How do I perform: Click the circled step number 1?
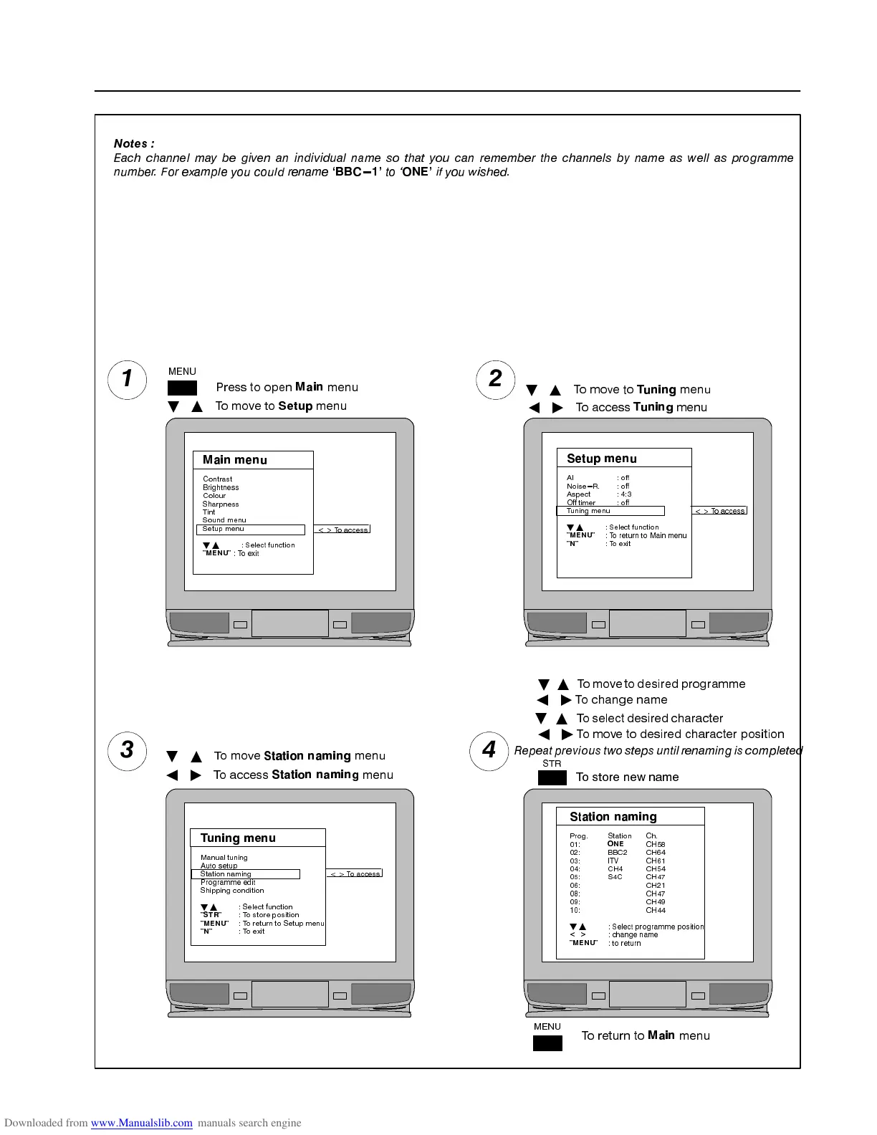click(128, 379)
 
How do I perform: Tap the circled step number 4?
click(489, 751)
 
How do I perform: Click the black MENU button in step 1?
click(182, 388)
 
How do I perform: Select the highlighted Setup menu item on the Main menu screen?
click(250, 530)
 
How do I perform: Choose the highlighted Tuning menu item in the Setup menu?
click(610, 511)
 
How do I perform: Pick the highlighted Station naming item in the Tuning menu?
click(245, 874)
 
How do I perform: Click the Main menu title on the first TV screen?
click(235, 460)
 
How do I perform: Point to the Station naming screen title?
click(613, 817)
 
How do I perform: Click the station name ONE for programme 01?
click(615, 844)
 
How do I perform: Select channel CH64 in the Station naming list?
click(656, 853)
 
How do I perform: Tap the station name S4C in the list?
click(615, 877)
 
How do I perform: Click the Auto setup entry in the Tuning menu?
click(219, 866)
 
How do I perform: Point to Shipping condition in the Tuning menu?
click(232, 891)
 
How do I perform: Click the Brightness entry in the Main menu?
click(221, 487)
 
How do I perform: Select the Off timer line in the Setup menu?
click(581, 502)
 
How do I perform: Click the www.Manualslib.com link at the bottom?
click(142, 1123)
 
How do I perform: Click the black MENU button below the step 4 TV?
click(547, 1043)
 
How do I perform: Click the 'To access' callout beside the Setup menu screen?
click(719, 511)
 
